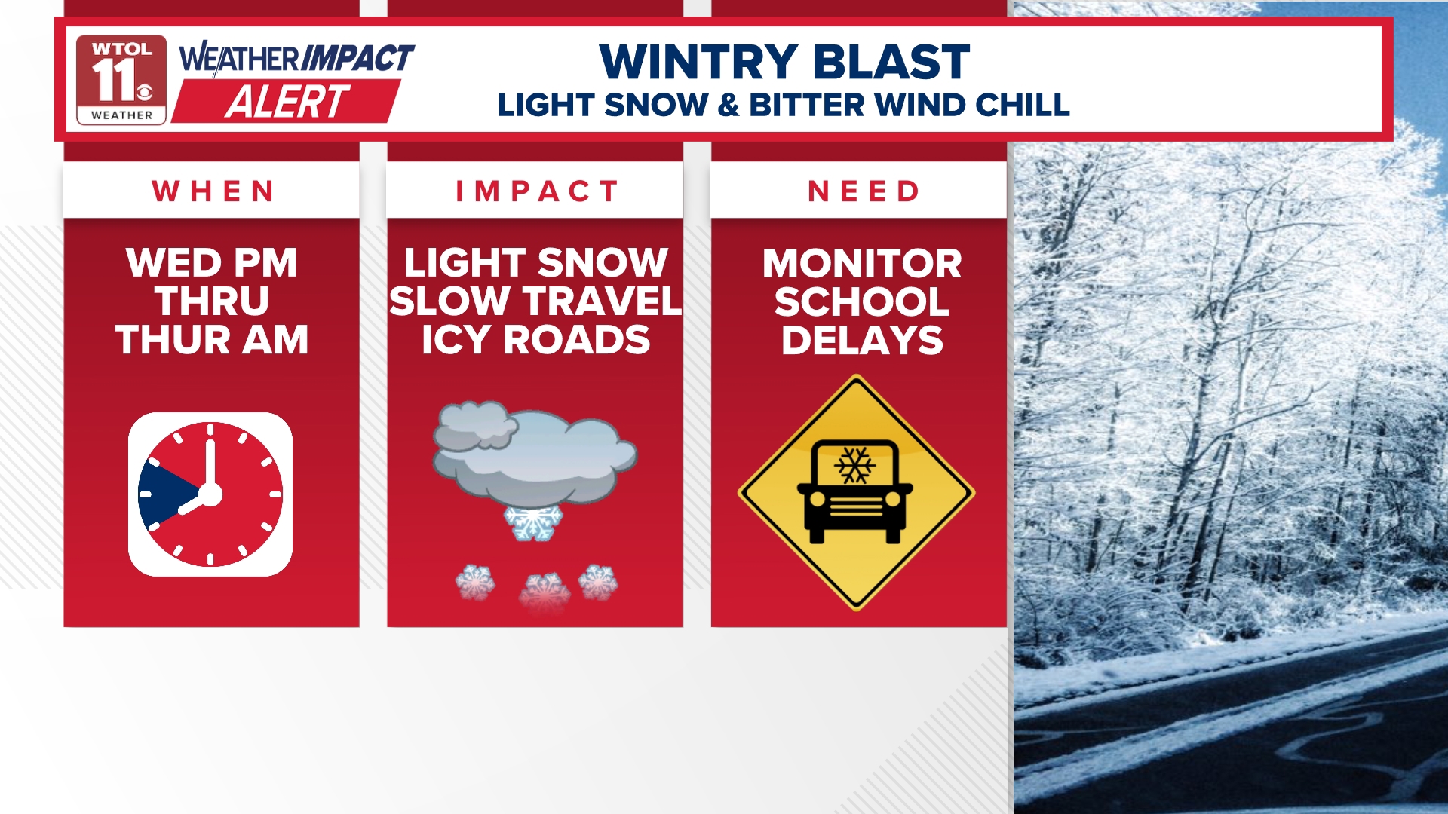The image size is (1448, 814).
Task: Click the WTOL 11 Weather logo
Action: tap(121, 79)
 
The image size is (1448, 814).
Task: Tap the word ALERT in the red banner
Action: tap(287, 103)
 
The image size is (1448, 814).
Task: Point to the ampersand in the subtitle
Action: tap(729, 106)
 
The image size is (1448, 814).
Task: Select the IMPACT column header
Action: tap(536, 191)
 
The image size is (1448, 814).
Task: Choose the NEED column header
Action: tap(864, 191)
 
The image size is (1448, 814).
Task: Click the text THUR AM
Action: tap(212, 340)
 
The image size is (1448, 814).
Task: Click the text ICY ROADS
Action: tap(535, 340)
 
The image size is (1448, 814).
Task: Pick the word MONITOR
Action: tap(862, 264)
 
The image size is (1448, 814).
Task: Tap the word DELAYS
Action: tap(862, 341)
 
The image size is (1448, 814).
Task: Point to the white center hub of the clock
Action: tap(210, 494)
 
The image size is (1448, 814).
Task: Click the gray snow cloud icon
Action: tap(535, 456)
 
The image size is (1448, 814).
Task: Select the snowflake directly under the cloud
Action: tap(533, 523)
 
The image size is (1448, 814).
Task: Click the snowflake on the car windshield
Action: tap(854, 465)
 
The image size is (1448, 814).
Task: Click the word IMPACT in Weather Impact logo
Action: tap(357, 59)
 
